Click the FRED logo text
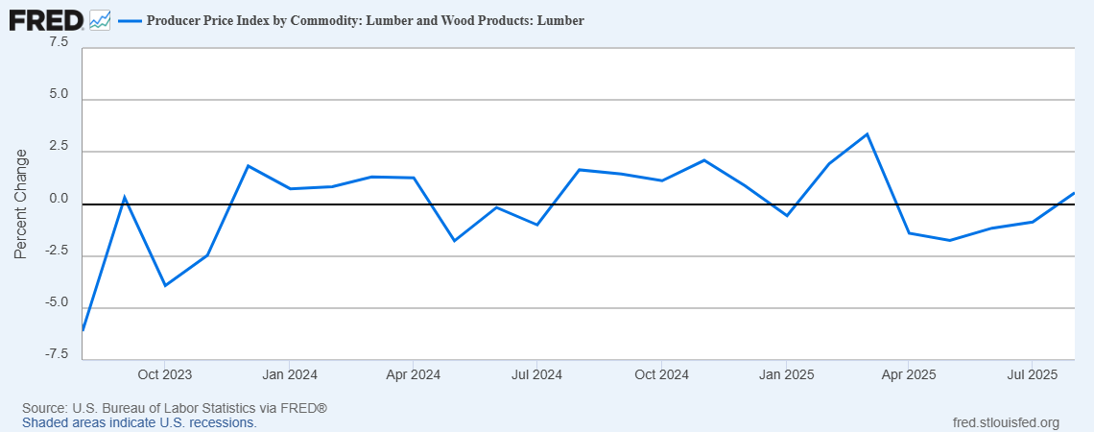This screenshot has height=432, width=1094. (x=45, y=19)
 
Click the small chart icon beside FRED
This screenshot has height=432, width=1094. (x=99, y=19)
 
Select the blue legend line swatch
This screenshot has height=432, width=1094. (x=128, y=20)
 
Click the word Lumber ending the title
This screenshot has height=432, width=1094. (x=563, y=20)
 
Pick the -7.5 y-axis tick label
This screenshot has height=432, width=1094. (x=55, y=355)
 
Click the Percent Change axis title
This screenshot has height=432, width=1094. (x=21, y=204)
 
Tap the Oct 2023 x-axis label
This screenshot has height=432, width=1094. (x=164, y=373)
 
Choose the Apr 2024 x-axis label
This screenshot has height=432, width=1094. (x=412, y=373)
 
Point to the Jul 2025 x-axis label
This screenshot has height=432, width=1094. (x=1032, y=373)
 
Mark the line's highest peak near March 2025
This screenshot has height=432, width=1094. (x=868, y=134)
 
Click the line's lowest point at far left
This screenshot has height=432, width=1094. (x=83, y=330)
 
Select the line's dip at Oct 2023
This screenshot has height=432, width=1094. (x=165, y=285)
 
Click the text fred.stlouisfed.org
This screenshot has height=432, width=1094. (x=1005, y=422)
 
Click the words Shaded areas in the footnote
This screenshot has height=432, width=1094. (x=60, y=422)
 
